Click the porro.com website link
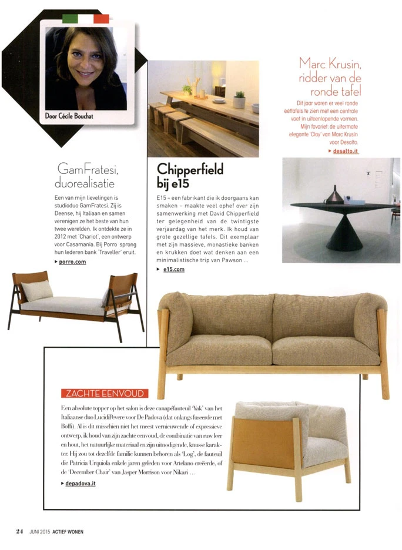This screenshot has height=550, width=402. pyautogui.click(x=73, y=262)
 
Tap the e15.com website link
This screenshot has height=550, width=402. pyautogui.click(x=174, y=269)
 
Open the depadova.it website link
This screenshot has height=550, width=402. pyautogui.click(x=82, y=483)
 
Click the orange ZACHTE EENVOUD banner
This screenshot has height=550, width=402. pyautogui.click(x=105, y=393)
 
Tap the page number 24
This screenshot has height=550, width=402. pyautogui.click(x=19, y=532)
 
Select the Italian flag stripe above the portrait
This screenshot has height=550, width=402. pyautogui.click(x=86, y=19)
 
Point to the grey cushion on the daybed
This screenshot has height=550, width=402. pyautogui.click(x=38, y=290)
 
